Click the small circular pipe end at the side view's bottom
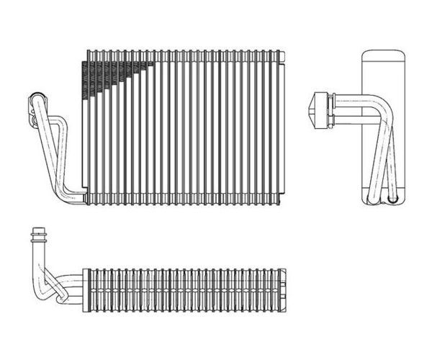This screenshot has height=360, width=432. (392, 194)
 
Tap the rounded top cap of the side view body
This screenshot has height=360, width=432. (382, 58)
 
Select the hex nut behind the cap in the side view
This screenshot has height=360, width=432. (330, 109)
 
